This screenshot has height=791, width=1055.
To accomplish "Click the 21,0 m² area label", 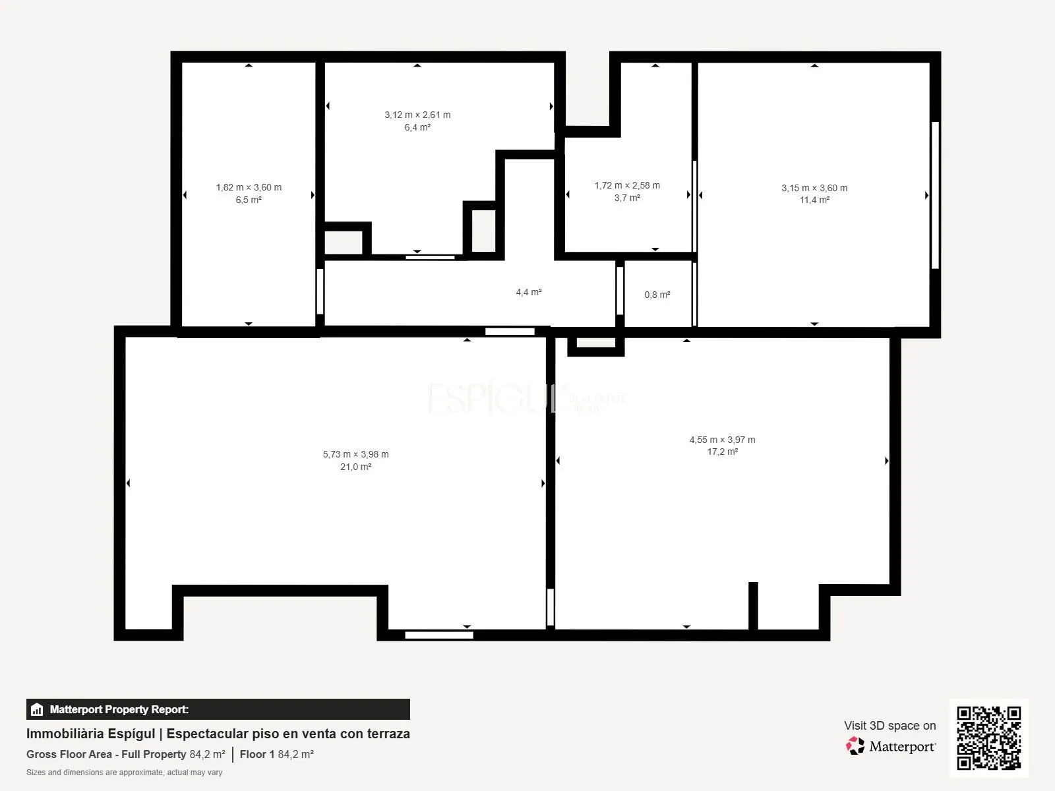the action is [x=355, y=467].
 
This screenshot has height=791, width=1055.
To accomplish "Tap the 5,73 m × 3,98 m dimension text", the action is [x=355, y=454].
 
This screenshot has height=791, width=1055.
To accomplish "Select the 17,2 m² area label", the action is [x=723, y=452].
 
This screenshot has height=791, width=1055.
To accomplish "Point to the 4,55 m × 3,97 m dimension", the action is [x=723, y=440].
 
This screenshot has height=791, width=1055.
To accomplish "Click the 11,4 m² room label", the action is [x=815, y=200].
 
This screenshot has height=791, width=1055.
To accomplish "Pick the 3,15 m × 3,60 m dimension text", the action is [x=815, y=189].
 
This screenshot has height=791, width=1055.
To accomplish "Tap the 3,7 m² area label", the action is [x=627, y=198].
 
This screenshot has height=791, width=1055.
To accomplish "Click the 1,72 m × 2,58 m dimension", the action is [x=627, y=185].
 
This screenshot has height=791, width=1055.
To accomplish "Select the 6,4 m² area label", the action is [x=417, y=127].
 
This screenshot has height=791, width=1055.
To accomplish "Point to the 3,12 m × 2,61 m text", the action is [x=417, y=115].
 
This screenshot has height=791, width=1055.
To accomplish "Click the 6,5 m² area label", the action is [x=249, y=200].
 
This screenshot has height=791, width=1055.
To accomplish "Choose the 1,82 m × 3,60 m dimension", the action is [x=249, y=187].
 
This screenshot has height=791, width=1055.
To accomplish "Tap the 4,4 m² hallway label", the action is [x=529, y=292].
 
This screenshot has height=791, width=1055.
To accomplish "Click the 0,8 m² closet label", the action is [x=657, y=295].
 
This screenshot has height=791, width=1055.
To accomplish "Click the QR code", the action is [x=989, y=738].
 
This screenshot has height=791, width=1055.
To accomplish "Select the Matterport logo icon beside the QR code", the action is [x=855, y=746].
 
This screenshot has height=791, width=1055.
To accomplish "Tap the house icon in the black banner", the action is [x=37, y=709].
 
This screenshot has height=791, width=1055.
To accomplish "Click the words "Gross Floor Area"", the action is [x=69, y=755].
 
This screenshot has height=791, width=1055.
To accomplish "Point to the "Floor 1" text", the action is [x=257, y=755].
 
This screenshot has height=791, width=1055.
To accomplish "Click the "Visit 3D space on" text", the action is [x=890, y=726].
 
